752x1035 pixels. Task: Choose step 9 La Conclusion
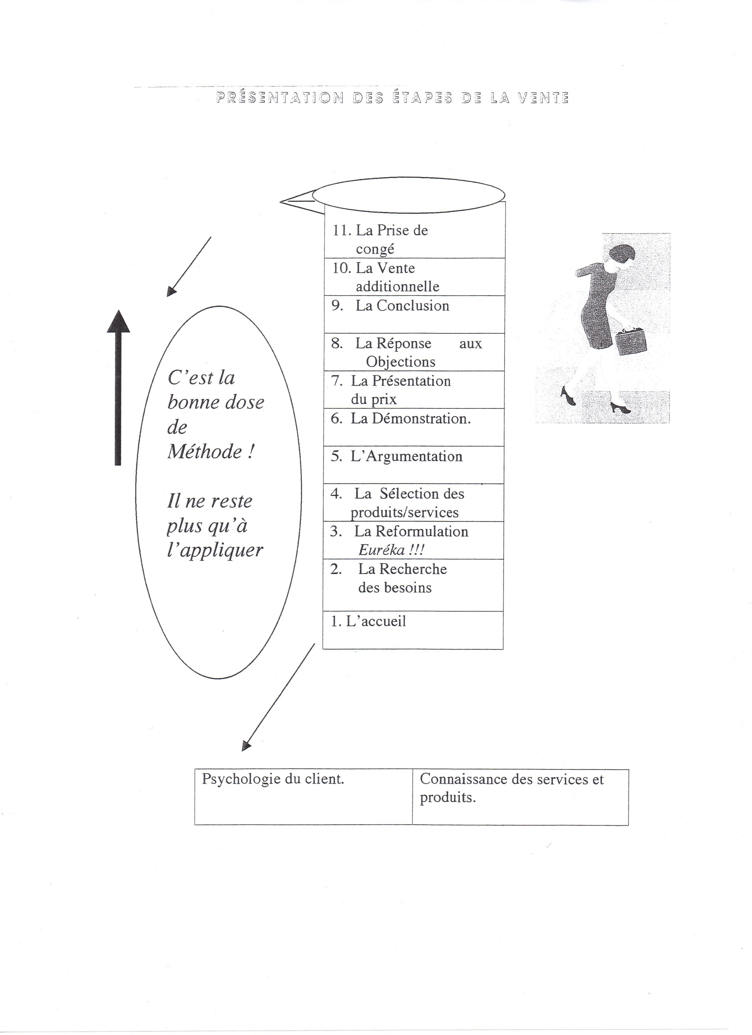point(402,306)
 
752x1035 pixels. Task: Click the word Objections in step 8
point(401,362)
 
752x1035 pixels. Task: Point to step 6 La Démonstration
point(410,419)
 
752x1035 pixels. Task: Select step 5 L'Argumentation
point(406,456)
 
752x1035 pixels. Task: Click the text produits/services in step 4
point(404,512)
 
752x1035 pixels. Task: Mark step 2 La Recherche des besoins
point(402,578)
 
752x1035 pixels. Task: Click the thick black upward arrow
point(118,388)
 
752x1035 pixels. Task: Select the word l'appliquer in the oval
point(215,550)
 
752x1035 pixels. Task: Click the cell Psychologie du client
point(273,779)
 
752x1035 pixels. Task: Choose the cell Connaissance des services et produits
point(511,788)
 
